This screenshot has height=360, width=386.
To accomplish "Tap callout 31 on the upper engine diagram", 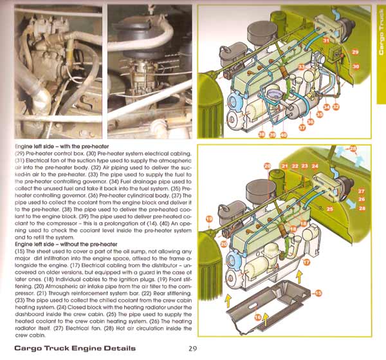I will click(x=326, y=41).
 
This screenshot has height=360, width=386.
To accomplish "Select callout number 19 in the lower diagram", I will click(x=209, y=219).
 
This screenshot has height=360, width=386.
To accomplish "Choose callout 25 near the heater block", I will click(x=329, y=209).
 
